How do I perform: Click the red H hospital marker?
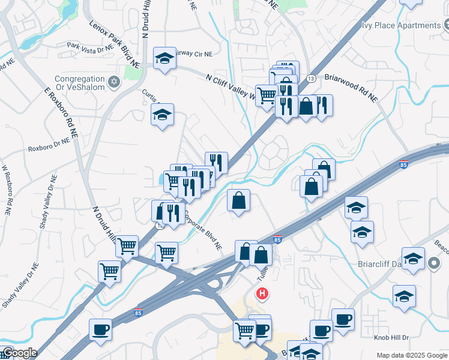point(262,294)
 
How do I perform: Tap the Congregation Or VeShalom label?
point(80,83)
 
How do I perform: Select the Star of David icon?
point(113,80)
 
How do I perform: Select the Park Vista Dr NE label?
point(90,46)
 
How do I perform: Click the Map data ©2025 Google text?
point(411,355)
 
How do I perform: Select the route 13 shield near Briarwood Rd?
point(311,79)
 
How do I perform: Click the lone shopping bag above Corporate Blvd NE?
point(238,200)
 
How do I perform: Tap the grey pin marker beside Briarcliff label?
point(435,262)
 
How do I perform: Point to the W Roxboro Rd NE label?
point(7,191)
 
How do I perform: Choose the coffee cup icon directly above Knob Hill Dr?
point(343,319)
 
